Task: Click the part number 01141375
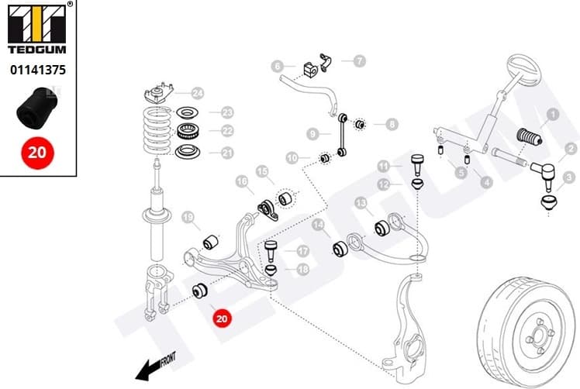pyautogui.click(x=37, y=69)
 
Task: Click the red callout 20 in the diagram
pyautogui.click(x=223, y=317)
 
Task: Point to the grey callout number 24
pyautogui.click(x=198, y=94)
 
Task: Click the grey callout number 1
pyautogui.click(x=553, y=115)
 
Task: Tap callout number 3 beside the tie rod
pyautogui.click(x=570, y=177)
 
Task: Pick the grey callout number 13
pyautogui.click(x=360, y=203)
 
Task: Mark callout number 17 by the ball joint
pyautogui.click(x=302, y=250)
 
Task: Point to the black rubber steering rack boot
pyautogui.click(x=529, y=139)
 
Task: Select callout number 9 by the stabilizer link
pyautogui.click(x=312, y=133)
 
